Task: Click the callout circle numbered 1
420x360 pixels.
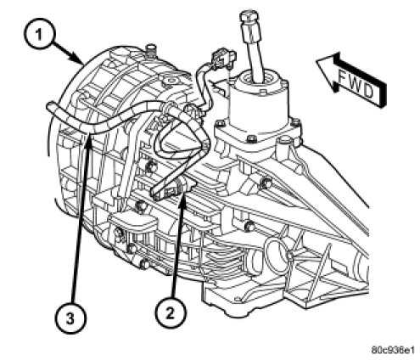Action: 39,34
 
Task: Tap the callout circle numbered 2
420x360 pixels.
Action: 170,313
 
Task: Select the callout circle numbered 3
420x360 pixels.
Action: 70,319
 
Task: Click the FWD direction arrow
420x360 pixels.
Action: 350,80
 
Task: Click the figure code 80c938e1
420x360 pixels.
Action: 394,350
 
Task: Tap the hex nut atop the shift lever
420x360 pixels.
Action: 249,16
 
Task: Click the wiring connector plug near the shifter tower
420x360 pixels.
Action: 224,59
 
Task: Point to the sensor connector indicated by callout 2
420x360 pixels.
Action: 173,189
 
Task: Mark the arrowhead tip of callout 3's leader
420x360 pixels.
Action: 89,136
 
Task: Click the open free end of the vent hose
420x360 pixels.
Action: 48,106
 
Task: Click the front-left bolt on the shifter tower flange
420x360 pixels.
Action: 221,124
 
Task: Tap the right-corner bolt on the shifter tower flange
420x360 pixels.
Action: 295,122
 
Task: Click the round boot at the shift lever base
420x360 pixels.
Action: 260,78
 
